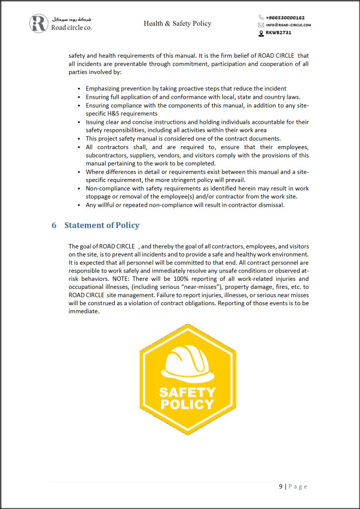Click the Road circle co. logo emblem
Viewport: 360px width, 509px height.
pyautogui.click(x=38, y=23)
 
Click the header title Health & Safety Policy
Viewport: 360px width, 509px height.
pyautogui.click(x=178, y=23)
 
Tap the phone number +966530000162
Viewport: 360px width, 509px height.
pyautogui.click(x=285, y=17)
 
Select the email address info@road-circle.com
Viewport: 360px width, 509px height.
pyautogui.click(x=289, y=25)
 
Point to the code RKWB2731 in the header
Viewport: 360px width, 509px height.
pyautogui.click(x=278, y=33)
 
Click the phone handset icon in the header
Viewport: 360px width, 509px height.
pyautogui.click(x=261, y=17)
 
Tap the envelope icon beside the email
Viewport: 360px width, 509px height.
pyautogui.click(x=261, y=25)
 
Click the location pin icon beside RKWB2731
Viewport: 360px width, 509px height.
pyautogui.click(x=261, y=33)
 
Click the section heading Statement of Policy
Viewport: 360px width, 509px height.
pyautogui.click(x=102, y=225)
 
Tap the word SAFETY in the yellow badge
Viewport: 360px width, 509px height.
pyautogui.click(x=187, y=393)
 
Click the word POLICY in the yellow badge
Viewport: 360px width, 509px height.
pyautogui.click(x=187, y=404)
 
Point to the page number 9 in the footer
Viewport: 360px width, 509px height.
pyautogui.click(x=281, y=486)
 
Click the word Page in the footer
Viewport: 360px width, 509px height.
pyautogui.click(x=298, y=486)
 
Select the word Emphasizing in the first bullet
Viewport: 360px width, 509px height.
pyautogui.click(x=102, y=88)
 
